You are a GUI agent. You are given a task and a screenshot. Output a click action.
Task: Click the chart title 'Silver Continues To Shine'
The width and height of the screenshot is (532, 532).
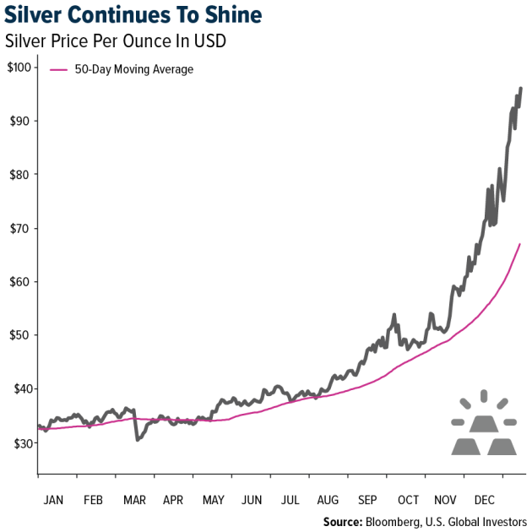click(134, 16)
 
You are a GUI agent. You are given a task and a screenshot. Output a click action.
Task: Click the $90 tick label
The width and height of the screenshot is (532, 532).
click(20, 121)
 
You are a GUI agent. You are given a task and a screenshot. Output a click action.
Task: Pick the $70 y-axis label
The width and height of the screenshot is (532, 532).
click(20, 228)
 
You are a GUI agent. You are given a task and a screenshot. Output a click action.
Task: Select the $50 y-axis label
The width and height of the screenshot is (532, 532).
click(20, 335)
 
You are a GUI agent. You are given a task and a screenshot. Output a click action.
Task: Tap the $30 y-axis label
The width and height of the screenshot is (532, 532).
click(20, 442)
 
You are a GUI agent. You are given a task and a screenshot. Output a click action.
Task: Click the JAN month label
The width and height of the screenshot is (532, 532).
click(52, 499)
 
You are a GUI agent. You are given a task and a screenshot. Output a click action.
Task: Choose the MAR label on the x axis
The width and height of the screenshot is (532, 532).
click(133, 499)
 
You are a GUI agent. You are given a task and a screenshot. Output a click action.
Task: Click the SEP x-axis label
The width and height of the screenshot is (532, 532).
click(368, 499)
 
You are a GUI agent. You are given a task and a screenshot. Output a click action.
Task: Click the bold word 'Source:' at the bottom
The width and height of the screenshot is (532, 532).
click(342, 522)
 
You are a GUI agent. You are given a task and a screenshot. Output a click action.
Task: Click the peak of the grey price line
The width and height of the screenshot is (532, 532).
click(521, 88)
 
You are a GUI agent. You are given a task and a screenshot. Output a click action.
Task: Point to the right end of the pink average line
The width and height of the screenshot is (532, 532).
click(519, 244)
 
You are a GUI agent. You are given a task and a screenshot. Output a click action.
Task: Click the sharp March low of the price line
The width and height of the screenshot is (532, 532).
click(137, 439)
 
